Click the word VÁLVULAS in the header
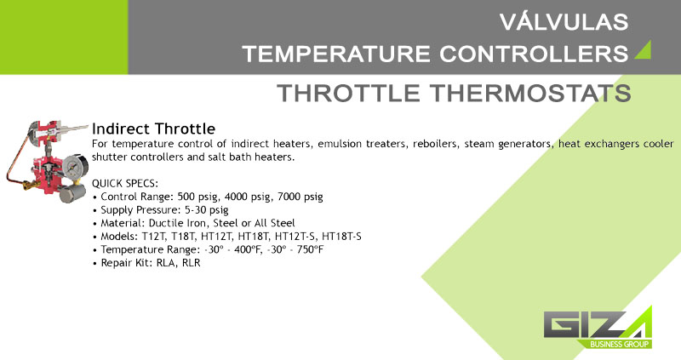pos(564,22)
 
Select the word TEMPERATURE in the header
pos(336,54)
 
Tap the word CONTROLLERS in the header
pos(534,54)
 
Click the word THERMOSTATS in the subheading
pos(530,93)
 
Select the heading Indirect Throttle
pos(154,129)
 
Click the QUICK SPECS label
pos(125,183)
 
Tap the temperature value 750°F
pos(310,249)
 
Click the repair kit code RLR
pos(191,263)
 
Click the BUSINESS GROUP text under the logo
pos(620,345)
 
